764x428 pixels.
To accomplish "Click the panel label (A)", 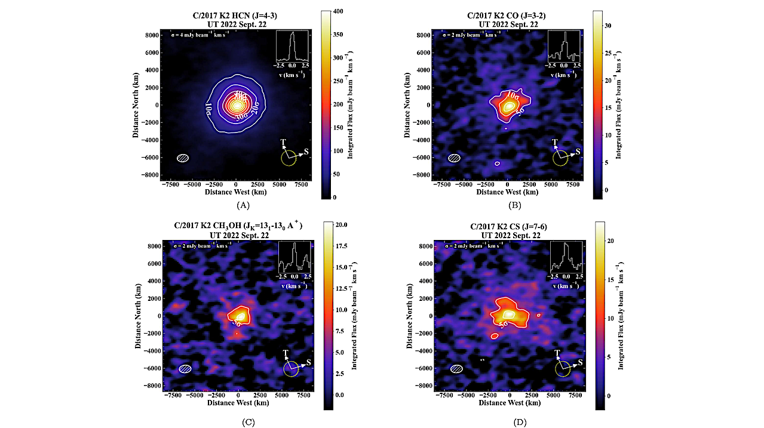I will tap(243, 205).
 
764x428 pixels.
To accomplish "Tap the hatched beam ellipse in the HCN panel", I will tap(183, 158).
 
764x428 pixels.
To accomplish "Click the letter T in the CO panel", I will tap(555, 143).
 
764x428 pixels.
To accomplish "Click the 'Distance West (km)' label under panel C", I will tap(237, 403).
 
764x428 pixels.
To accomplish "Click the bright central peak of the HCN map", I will tap(237, 105).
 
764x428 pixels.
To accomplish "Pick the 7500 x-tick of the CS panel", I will tap(576, 396).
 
